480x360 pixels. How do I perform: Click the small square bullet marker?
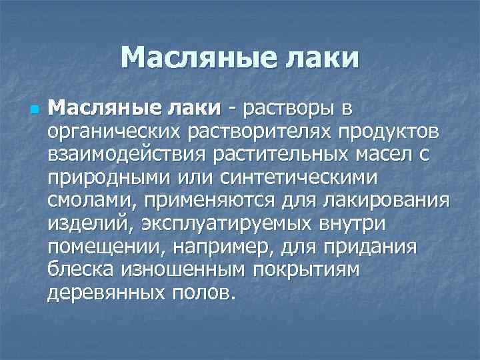(35, 109)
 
